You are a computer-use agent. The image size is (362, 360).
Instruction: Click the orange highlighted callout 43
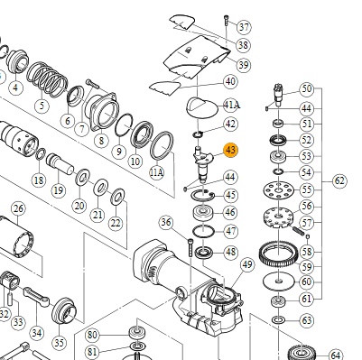tap(230, 150)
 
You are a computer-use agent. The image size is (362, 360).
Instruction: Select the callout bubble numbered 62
tap(339, 180)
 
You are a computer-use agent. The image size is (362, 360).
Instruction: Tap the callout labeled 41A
tap(232, 105)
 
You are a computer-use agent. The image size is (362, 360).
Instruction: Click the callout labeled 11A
tap(157, 172)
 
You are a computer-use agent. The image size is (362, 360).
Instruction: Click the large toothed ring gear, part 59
tap(278, 254)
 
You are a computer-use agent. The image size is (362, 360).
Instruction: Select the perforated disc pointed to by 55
tap(278, 190)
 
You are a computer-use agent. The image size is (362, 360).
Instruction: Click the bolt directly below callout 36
tap(190, 247)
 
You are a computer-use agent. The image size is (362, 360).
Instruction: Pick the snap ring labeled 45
tap(202, 196)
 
